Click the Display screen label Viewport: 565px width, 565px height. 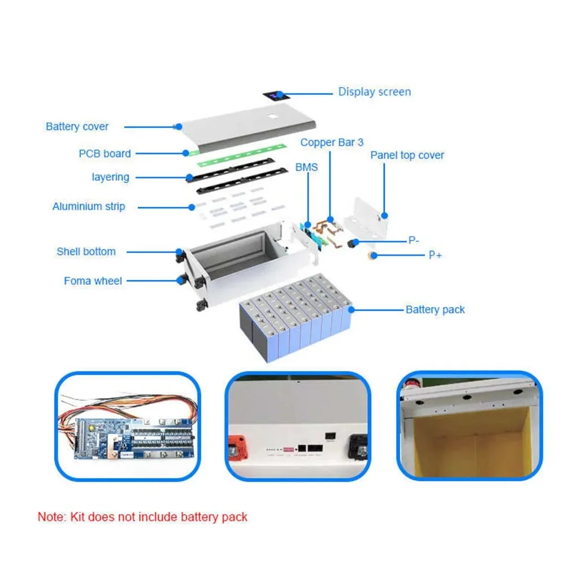point(374,92)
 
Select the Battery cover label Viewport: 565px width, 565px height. point(77,127)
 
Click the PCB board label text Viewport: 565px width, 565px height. point(105,154)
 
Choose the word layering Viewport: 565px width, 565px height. point(110,177)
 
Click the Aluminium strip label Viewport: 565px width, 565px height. point(89,207)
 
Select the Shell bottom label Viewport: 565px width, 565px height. point(86,252)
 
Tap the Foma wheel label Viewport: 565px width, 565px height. point(93,281)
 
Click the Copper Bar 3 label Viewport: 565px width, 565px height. point(332,142)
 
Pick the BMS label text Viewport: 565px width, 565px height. point(306,167)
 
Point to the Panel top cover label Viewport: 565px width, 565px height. point(407,155)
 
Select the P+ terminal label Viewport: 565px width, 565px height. point(435,255)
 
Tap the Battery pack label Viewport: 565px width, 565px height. point(435,310)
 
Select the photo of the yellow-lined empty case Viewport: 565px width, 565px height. point(469,427)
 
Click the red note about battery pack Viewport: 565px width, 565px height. point(142,517)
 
